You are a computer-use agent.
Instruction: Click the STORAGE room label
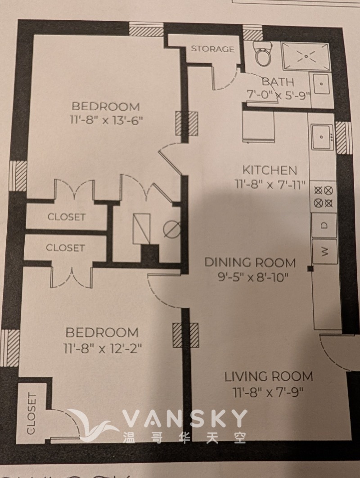click(212, 49)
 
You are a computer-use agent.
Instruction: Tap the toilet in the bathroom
click(262, 54)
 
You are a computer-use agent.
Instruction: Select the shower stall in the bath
click(306, 56)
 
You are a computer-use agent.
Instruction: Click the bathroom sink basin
click(321, 84)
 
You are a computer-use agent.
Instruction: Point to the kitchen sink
click(322, 136)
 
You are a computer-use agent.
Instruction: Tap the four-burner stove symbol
click(324, 197)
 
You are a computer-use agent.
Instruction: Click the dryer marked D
click(324, 225)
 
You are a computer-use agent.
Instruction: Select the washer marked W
click(325, 252)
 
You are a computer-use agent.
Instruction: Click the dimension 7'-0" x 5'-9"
click(278, 95)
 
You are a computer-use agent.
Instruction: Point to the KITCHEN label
click(270, 170)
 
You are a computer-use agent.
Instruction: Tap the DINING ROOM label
click(250, 262)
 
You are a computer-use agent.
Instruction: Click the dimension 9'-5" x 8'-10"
click(253, 277)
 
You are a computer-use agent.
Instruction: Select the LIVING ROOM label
click(269, 376)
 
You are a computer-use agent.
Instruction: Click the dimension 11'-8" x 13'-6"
click(106, 120)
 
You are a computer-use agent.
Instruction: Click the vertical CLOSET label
click(31, 413)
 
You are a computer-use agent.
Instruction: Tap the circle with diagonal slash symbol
click(171, 229)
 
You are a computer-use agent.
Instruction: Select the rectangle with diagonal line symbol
click(141, 229)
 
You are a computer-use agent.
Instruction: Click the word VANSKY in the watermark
click(184, 419)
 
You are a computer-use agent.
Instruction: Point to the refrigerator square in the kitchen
click(258, 126)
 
